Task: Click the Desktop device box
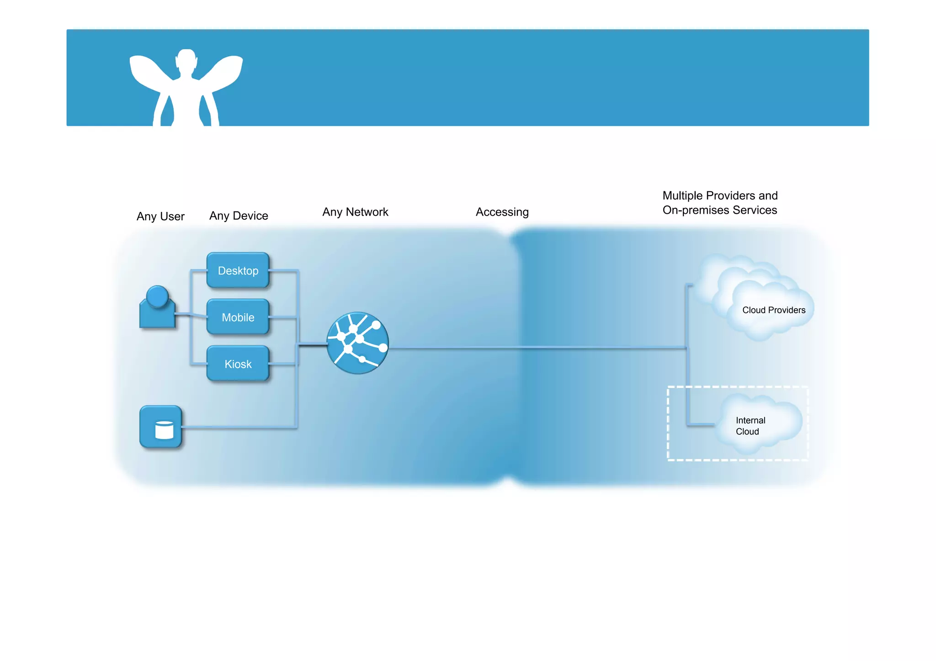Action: tap(238, 270)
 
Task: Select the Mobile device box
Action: tap(238, 317)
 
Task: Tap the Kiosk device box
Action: tap(238, 364)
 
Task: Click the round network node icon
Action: tap(358, 343)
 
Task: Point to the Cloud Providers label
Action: tap(774, 310)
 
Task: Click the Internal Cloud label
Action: tap(750, 426)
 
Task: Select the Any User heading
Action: tap(160, 216)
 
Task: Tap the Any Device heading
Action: tap(239, 216)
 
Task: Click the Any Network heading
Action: tap(355, 212)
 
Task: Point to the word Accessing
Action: tap(502, 212)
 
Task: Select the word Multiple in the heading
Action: tap(683, 196)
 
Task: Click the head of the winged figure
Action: tap(186, 60)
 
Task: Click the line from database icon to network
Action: tap(238, 428)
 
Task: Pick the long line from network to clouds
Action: tap(535, 348)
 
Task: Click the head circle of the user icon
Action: tap(158, 296)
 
